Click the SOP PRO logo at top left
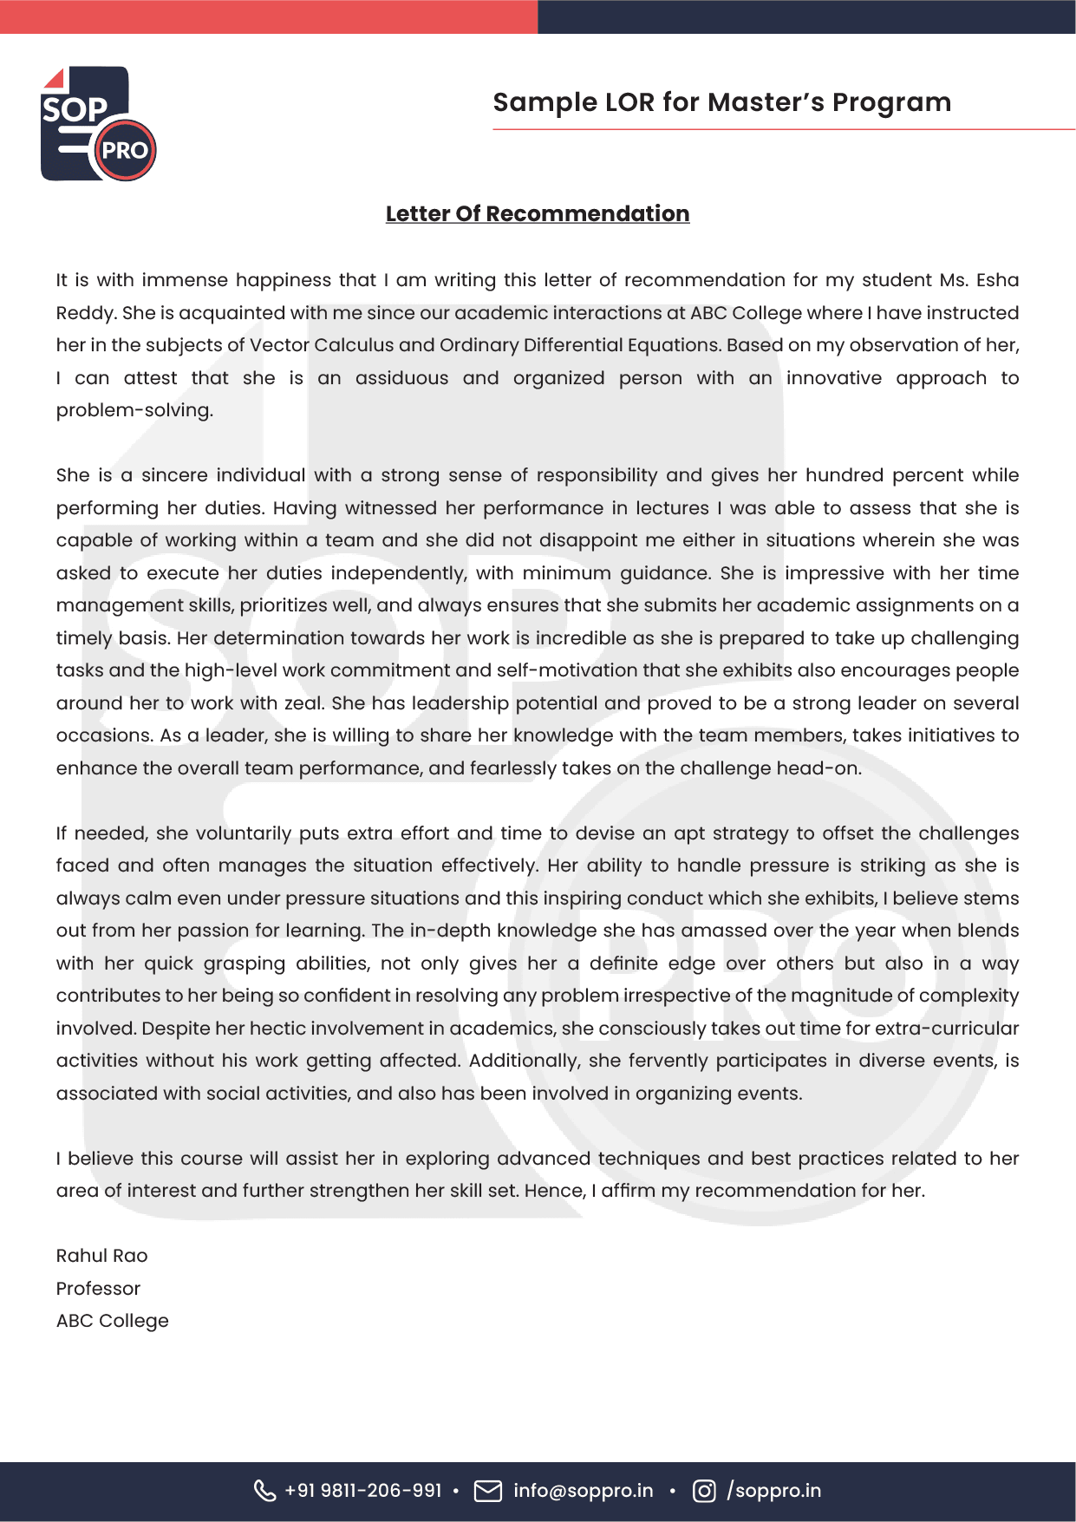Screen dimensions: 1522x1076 (x=98, y=124)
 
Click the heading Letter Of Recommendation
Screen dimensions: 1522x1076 (x=537, y=213)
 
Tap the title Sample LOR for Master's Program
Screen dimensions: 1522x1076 (x=721, y=102)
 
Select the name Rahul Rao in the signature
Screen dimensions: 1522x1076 (x=101, y=1256)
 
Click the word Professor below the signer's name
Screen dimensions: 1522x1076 (x=98, y=1289)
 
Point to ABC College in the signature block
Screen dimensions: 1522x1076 (x=112, y=1321)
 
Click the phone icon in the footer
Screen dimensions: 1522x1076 (x=264, y=1491)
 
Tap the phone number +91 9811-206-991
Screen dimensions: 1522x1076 (x=362, y=1491)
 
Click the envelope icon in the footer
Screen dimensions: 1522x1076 (x=488, y=1491)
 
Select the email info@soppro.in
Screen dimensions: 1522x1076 (x=583, y=1491)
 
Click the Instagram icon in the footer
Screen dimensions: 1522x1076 (x=704, y=1491)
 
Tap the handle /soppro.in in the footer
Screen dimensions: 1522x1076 (x=773, y=1491)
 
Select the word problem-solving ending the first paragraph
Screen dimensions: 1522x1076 (x=134, y=410)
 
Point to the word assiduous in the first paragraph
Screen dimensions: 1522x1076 (x=401, y=378)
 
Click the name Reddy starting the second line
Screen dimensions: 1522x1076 (x=84, y=313)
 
